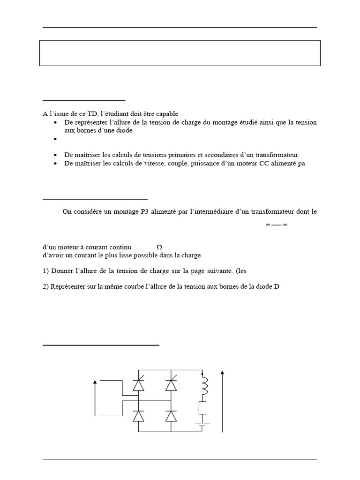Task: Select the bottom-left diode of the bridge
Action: click(x=138, y=416)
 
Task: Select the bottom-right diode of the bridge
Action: click(x=171, y=416)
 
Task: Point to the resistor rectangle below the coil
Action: click(x=202, y=408)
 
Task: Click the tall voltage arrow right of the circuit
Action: click(x=222, y=401)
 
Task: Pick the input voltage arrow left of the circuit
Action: click(x=95, y=398)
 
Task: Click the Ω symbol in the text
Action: click(x=159, y=247)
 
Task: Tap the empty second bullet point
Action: click(x=56, y=139)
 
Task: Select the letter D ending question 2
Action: click(x=277, y=287)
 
